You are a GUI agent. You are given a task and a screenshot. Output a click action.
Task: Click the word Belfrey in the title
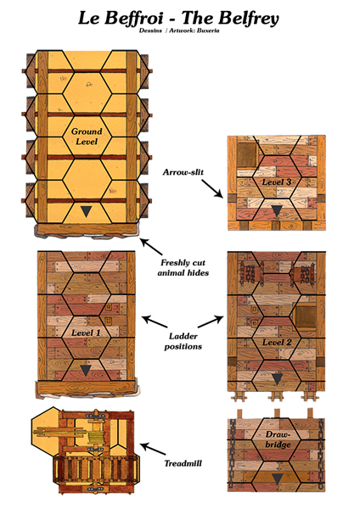click(248, 18)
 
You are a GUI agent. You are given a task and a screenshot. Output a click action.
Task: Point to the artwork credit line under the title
click(179, 31)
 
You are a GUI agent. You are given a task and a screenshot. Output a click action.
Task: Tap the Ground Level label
click(87, 137)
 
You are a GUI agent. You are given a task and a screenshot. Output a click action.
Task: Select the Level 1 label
click(87, 333)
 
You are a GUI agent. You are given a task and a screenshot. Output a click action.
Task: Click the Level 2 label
click(277, 342)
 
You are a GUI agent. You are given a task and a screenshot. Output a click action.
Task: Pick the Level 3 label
click(277, 182)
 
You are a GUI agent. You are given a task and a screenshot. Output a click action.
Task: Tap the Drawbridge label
click(278, 439)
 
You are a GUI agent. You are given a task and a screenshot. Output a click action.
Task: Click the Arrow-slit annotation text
click(183, 172)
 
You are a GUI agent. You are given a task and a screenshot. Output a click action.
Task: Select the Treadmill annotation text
click(183, 463)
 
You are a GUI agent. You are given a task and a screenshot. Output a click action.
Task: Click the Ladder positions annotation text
click(183, 341)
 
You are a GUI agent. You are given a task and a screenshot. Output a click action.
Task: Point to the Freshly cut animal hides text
click(183, 267)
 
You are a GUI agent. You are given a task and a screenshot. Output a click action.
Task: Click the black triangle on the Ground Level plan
click(86, 211)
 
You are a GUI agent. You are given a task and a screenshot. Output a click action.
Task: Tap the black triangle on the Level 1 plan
click(86, 371)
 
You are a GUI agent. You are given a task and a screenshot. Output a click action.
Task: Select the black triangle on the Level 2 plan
click(277, 379)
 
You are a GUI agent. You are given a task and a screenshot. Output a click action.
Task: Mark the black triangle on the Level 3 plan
click(277, 211)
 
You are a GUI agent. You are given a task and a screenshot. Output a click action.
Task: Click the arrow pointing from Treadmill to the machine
click(153, 450)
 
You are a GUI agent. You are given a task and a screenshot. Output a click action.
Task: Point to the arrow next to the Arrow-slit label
click(212, 188)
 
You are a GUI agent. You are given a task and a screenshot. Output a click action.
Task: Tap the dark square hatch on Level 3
click(246, 154)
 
